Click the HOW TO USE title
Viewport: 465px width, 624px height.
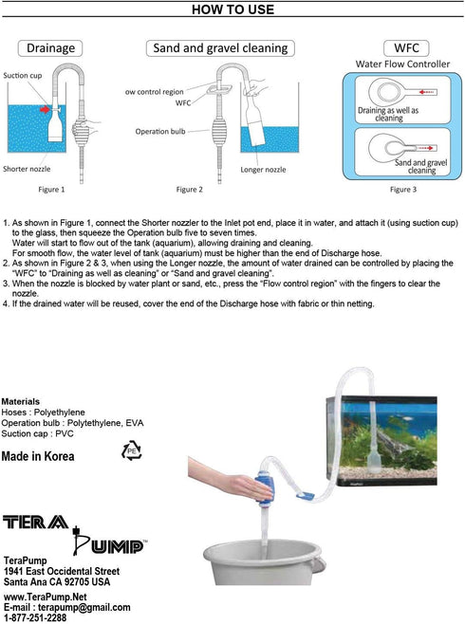[x=232, y=10]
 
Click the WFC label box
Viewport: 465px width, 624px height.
[x=400, y=47]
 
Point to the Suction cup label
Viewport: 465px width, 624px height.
[x=22, y=74]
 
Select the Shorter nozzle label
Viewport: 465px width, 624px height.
[x=28, y=170]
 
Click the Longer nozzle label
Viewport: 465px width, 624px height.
[x=264, y=170]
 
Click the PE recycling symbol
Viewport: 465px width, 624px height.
[x=131, y=450]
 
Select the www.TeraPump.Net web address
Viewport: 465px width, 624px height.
[x=46, y=596]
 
